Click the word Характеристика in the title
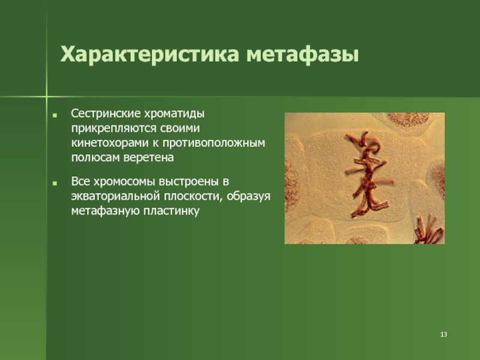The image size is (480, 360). coord(149,55)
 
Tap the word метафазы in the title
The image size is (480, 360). coord(303,55)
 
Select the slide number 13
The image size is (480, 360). coord(443,334)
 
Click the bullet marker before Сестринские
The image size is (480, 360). coord(55,116)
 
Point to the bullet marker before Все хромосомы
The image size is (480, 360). coord(55,184)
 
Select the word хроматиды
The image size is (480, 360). coord(174,114)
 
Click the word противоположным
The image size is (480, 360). coord(214,143)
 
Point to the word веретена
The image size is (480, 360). coord(148,158)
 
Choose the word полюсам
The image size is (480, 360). coord(95,158)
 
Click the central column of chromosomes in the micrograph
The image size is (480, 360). coord(368,175)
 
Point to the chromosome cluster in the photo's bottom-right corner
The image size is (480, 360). coord(429,230)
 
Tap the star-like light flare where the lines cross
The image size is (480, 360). coord(47,97)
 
